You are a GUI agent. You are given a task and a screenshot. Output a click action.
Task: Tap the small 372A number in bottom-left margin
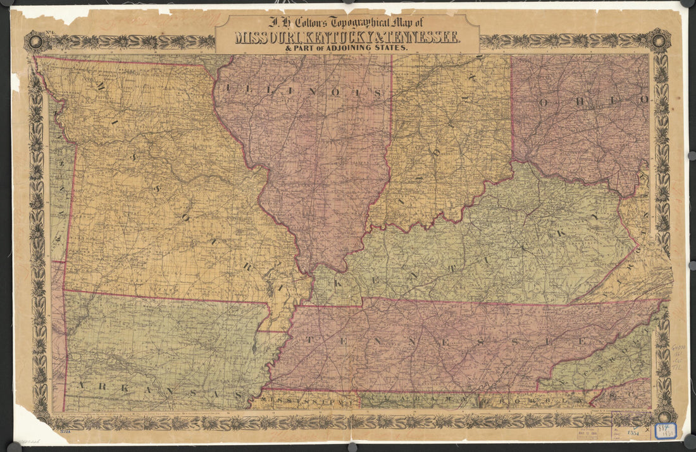coord(62,431)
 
